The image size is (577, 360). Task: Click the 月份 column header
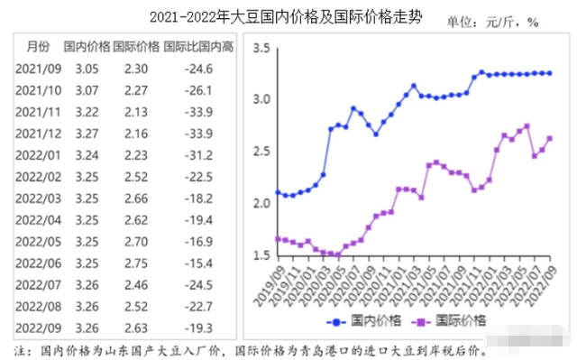[39, 46]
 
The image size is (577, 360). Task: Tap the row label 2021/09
[39, 68]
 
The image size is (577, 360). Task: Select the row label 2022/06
[39, 263]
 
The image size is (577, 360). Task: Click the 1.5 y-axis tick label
[261, 255]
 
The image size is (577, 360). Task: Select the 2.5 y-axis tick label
[261, 152]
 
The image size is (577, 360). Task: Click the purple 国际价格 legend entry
[448, 321]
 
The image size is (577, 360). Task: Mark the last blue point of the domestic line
[550, 73]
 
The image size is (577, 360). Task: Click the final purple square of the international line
[550, 138]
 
